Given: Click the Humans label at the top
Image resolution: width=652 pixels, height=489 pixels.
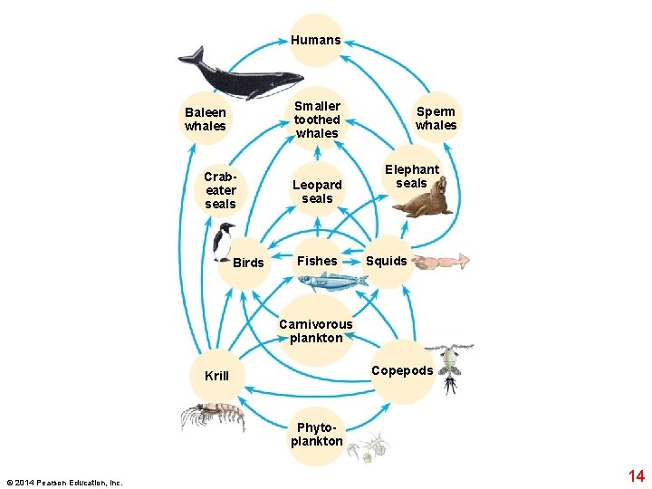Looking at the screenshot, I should [316, 40].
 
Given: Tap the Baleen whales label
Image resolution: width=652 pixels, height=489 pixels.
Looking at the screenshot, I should [205, 120].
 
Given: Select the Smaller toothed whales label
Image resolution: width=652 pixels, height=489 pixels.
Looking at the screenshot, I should [317, 120].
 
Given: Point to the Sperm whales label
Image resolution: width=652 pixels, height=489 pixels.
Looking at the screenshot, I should [436, 119].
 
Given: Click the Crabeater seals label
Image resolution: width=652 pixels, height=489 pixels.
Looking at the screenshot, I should [221, 190].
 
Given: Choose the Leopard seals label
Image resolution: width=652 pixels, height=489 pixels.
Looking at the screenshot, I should [317, 192].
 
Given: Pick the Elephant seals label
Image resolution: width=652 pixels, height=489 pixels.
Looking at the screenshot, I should [411, 176].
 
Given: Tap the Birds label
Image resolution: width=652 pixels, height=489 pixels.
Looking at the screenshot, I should [248, 264].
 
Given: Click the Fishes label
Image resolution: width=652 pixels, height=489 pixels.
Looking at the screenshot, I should [317, 261].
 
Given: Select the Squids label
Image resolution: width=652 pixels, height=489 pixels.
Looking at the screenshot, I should [387, 261].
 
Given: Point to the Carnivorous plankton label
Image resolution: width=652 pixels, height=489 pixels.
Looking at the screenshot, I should [316, 331].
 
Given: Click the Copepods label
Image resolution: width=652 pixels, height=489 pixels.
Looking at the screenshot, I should [402, 370].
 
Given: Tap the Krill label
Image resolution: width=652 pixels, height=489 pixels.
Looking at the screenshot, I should [217, 376].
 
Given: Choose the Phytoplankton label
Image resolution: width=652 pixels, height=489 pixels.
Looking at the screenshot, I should [316, 435].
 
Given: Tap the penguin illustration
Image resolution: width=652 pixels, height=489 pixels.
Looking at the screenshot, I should [224, 242].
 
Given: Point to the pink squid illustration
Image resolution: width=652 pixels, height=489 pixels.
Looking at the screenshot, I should [441, 262].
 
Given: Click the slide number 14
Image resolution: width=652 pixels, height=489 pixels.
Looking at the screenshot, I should [636, 476].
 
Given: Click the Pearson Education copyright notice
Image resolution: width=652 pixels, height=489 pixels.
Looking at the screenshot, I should [63, 482].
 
